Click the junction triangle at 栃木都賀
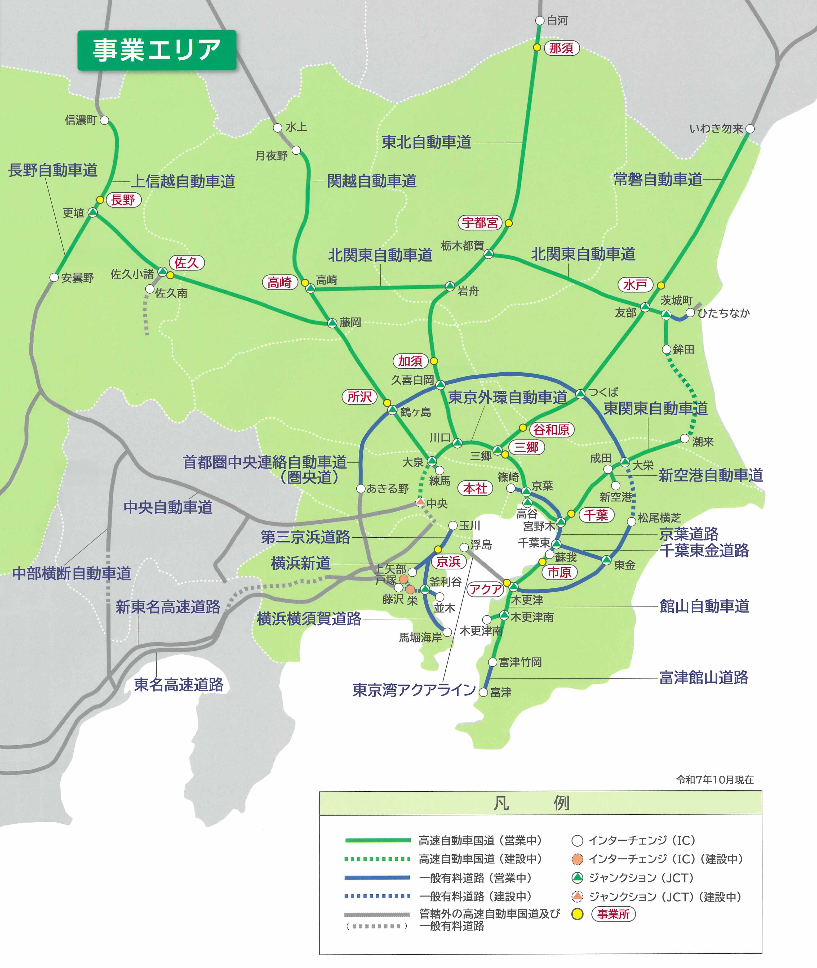coord(489,254)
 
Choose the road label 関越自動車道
coord(372,181)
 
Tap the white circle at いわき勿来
coord(750,129)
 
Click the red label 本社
coord(475,488)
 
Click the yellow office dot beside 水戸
coord(661,285)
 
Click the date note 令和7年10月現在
coord(715,780)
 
